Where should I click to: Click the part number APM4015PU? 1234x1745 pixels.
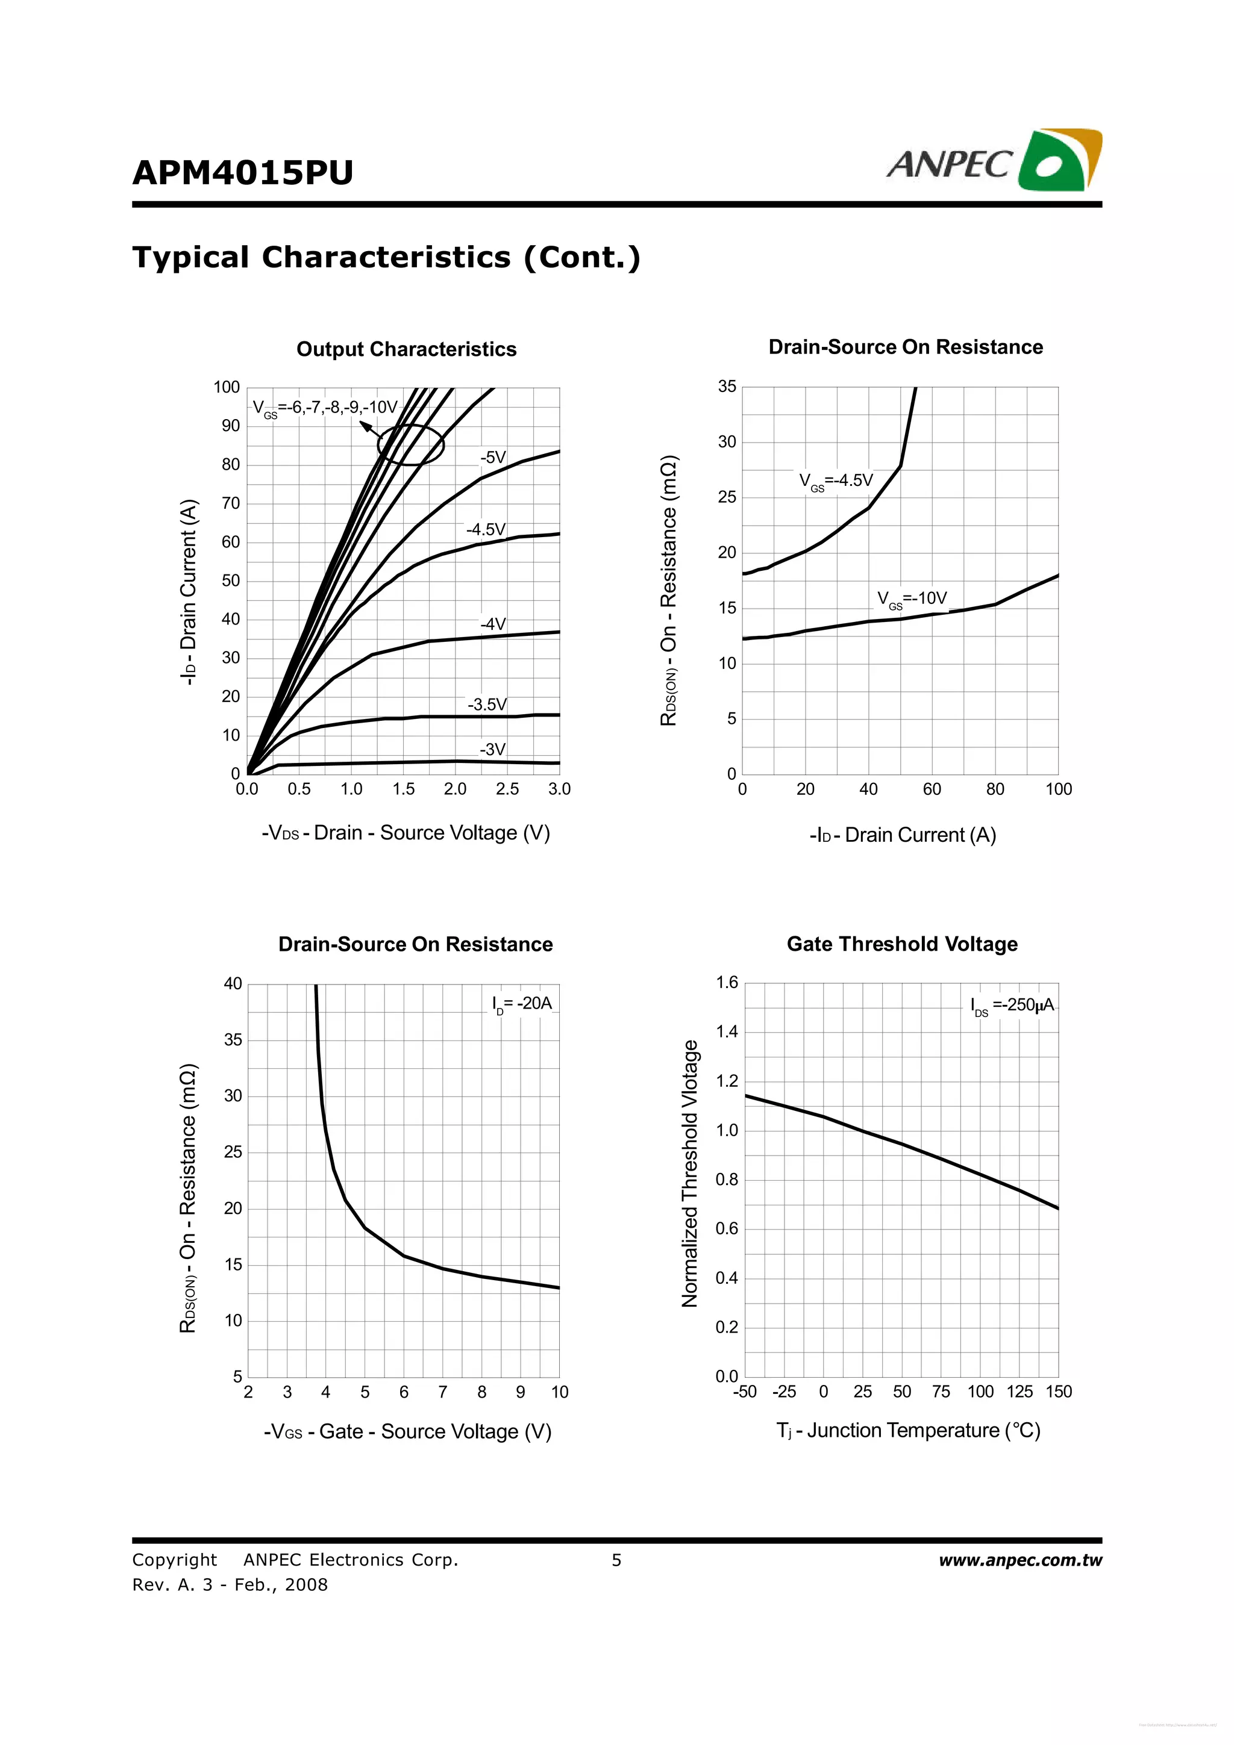(243, 173)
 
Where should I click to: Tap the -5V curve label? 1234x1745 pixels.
(493, 458)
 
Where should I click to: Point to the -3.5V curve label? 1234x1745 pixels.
(487, 705)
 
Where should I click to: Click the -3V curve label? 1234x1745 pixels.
(492, 750)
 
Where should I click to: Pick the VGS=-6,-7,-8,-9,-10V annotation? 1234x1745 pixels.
(325, 408)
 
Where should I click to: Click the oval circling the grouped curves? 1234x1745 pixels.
(410, 444)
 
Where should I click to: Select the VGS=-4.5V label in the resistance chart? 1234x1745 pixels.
(836, 481)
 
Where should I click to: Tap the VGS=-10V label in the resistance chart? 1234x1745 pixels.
(912, 599)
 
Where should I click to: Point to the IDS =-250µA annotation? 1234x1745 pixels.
(1012, 1006)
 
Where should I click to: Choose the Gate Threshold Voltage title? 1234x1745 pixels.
(902, 944)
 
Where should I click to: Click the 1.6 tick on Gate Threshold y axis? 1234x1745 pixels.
(727, 983)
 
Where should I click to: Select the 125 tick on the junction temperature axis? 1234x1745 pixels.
(1019, 1392)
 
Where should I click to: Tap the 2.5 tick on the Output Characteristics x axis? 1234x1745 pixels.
(507, 789)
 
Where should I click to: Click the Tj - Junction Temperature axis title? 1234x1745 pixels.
(908, 1430)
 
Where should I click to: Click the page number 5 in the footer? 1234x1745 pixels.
(616, 1560)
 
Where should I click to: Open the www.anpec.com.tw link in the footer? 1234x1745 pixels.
(1019, 1560)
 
